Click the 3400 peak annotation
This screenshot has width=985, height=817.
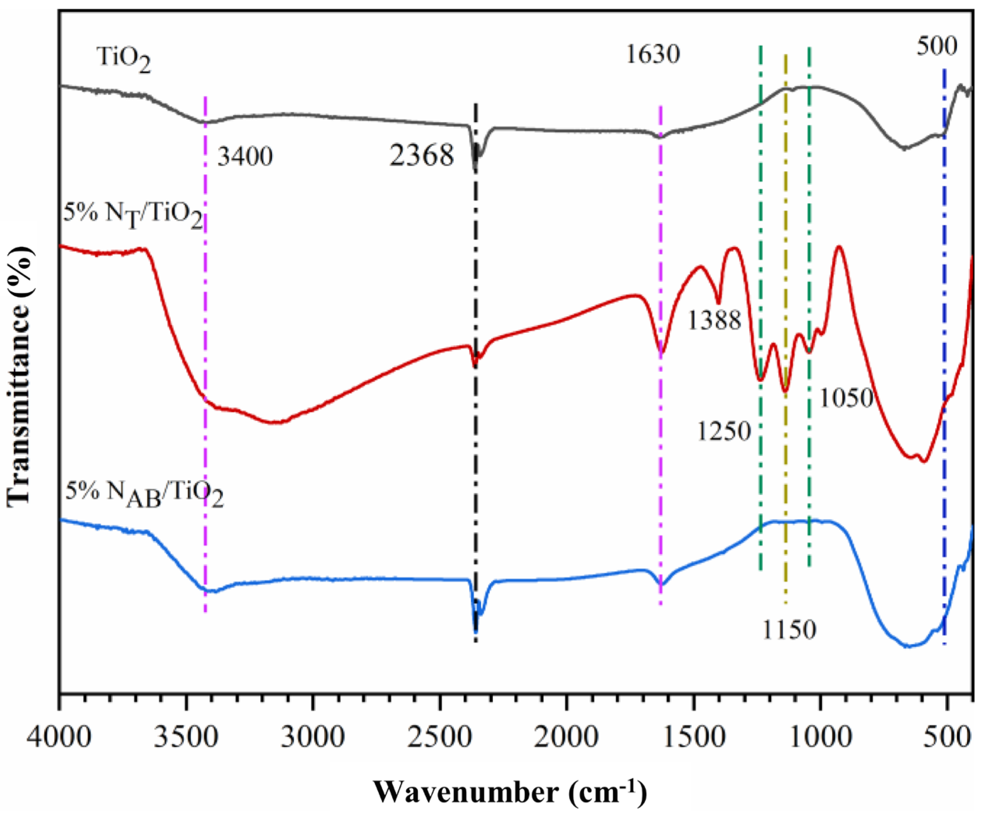[x=245, y=156]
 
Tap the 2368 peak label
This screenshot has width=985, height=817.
[x=422, y=155]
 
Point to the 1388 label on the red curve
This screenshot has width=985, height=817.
[x=714, y=321]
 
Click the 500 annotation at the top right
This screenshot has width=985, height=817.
[x=937, y=46]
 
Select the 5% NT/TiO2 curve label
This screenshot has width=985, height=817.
[x=133, y=216]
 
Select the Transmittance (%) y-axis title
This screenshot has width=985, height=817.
[x=20, y=377]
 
